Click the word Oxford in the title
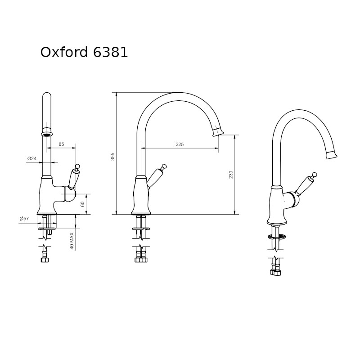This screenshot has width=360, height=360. coord(64,52)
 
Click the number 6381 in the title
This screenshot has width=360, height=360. coord(110,52)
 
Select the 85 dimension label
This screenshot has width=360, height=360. coord(61,144)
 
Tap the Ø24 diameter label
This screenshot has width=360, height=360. coord(32,158)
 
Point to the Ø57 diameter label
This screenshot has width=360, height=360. coord(24,219)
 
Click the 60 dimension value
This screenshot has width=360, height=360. coord(83,204)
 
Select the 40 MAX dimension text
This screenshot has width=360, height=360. coord(72,241)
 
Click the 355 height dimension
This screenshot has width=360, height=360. coord(112,156)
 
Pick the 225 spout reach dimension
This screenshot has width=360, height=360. coord(180,144)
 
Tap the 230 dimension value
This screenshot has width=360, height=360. coord(231,175)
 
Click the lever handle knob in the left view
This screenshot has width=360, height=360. coord(77,166)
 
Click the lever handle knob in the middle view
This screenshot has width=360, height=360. coord(164,166)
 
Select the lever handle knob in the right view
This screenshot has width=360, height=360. coord(315,175)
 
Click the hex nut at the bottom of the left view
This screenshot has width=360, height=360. coord(45,260)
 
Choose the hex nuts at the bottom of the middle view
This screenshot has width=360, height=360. coord(141,260)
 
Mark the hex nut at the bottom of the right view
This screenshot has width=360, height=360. coord(276,273)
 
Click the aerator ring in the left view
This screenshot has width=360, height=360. coord(47,134)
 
